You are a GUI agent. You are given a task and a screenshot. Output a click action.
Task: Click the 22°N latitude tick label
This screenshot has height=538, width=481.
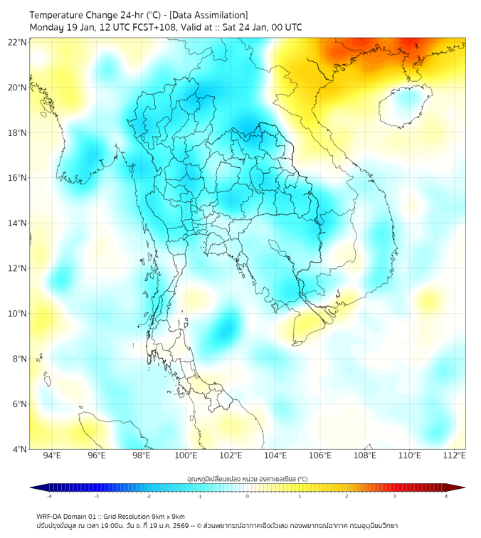click(x=17, y=43)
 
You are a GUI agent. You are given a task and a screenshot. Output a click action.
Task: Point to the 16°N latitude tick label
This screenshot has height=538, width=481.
click(x=17, y=178)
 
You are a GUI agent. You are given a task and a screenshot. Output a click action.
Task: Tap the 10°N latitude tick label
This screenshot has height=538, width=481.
click(x=17, y=314)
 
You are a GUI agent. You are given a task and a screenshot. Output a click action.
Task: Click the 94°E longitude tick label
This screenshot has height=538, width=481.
click(x=52, y=455)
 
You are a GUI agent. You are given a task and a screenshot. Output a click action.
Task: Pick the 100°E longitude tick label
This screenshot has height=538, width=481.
click(x=186, y=455)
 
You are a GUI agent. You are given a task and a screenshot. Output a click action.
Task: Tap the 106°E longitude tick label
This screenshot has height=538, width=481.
click(x=320, y=455)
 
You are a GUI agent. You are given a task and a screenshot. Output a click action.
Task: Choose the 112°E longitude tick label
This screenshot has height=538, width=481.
click(x=455, y=455)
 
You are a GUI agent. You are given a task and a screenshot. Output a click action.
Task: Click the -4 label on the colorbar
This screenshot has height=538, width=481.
click(x=49, y=497)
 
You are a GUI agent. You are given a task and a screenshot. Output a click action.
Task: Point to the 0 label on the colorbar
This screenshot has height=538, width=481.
click(x=248, y=497)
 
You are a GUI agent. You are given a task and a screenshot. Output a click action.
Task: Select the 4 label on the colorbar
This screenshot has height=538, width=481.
click(x=446, y=497)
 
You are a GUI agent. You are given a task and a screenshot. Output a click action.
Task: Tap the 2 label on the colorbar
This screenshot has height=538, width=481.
click(x=347, y=497)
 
